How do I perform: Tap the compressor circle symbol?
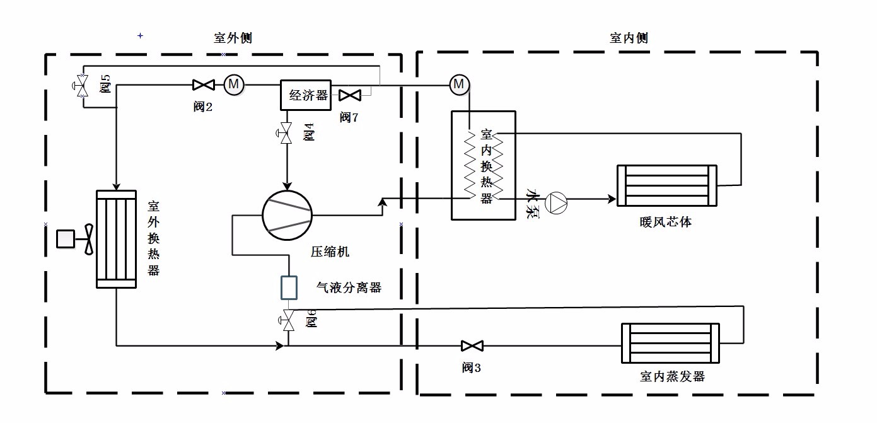[x=287, y=214]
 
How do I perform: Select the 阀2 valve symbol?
[x=203, y=84]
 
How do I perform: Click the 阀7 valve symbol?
[x=349, y=95]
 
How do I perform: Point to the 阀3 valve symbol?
[x=472, y=345]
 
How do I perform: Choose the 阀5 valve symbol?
[x=82, y=84]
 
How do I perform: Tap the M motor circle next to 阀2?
[x=233, y=83]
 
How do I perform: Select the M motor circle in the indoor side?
[x=459, y=83]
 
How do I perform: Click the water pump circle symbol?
[x=558, y=200]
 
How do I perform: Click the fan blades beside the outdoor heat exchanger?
[x=88, y=239]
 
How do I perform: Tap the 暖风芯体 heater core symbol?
[x=666, y=185]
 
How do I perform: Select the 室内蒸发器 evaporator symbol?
[x=670, y=343]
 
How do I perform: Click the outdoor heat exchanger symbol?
[x=115, y=239]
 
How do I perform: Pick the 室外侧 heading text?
[x=233, y=38]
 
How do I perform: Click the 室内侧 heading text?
[x=629, y=38]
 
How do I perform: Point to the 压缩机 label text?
[x=330, y=252]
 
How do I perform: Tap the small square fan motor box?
[x=66, y=239]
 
